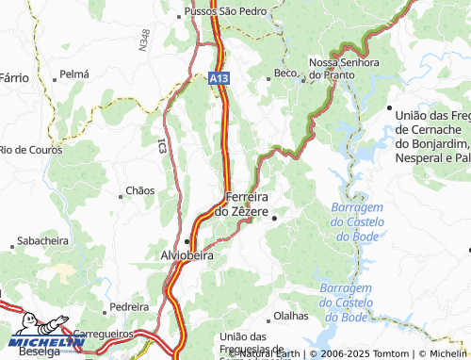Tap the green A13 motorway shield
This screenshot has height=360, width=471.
[x=219, y=82]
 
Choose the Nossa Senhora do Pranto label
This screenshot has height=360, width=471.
[x=344, y=68]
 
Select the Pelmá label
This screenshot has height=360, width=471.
[x=73, y=73]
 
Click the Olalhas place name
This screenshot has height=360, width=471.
[x=290, y=316]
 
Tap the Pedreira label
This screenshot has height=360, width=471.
[x=129, y=306]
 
